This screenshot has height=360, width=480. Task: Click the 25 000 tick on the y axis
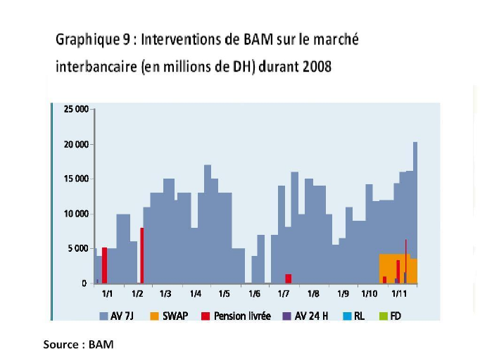76,110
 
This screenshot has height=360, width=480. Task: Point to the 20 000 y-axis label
76,145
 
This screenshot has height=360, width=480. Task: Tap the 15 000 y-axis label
76,179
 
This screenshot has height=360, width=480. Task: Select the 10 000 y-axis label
76,214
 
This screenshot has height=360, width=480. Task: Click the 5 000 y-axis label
78,248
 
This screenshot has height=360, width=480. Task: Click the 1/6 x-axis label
254,294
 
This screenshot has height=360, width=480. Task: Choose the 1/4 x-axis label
195,294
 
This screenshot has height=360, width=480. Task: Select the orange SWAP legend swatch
153,316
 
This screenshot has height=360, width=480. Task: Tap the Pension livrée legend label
241,316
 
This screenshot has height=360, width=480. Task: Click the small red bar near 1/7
288,278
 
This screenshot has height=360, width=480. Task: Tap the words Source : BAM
78,345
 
